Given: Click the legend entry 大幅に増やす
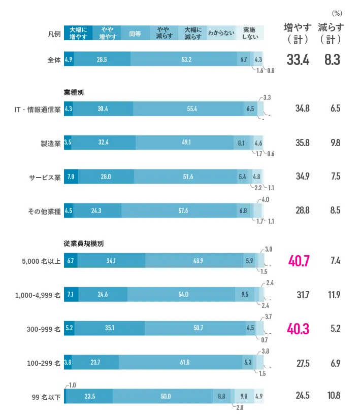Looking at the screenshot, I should (x=78, y=33).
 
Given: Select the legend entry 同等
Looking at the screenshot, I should (x=135, y=33).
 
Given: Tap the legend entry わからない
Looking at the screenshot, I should (x=221, y=33).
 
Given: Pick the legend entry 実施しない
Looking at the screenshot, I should (x=250, y=33).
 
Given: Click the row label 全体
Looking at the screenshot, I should (x=53, y=59).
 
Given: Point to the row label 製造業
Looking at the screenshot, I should (x=50, y=143).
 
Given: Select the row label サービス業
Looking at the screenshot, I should (x=45, y=177).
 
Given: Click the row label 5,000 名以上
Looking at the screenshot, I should (x=40, y=261).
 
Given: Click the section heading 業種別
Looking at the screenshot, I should (x=74, y=93).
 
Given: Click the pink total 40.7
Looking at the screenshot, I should (x=300, y=261).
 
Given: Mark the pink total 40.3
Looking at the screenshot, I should (x=300, y=329).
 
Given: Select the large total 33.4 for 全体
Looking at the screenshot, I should (x=298, y=60).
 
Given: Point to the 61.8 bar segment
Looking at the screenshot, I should (x=181, y=363).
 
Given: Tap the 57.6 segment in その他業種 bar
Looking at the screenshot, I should (x=179, y=211).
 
